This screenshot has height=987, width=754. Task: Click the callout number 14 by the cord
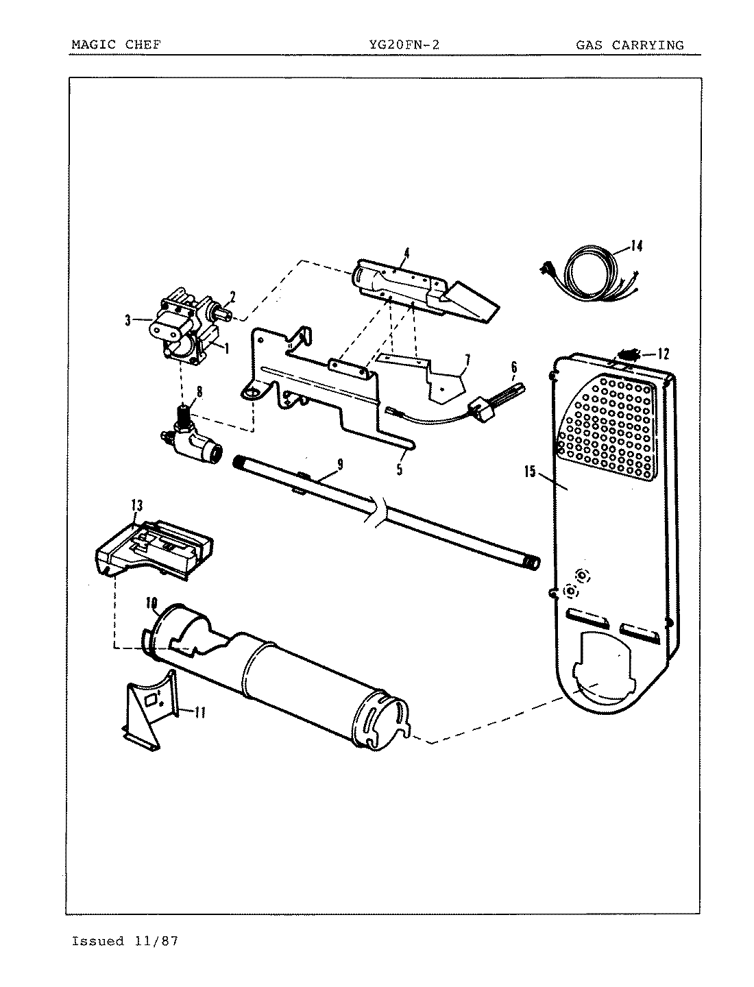(x=637, y=246)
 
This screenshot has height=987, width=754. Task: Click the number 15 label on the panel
(x=530, y=473)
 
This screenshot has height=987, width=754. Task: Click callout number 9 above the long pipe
(x=339, y=465)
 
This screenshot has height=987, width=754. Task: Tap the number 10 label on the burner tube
(x=152, y=603)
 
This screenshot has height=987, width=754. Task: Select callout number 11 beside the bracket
(x=199, y=712)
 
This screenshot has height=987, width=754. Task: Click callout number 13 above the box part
(x=136, y=505)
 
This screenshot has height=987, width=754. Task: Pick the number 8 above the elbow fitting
(x=199, y=392)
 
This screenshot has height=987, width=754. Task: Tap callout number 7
(x=467, y=359)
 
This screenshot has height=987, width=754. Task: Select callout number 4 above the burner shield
(x=406, y=254)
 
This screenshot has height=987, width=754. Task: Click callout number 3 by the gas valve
(x=128, y=319)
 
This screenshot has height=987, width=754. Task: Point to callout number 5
(x=398, y=470)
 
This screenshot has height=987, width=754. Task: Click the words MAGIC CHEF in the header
(x=116, y=45)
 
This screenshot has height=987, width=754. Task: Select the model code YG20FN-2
(x=403, y=45)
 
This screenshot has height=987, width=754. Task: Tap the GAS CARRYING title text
(x=629, y=45)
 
